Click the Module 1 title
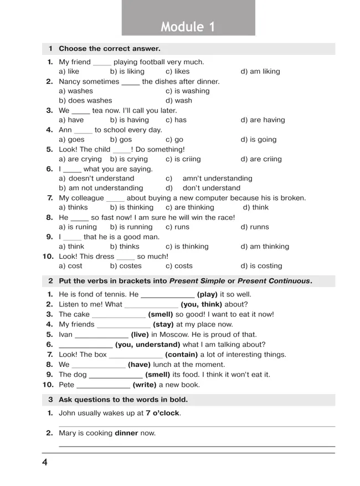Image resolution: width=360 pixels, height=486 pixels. [x=188, y=27]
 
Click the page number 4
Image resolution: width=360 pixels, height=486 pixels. [x=45, y=463]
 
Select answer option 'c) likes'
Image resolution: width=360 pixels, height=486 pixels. [x=177, y=71]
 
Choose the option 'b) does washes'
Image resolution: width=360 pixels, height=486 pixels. [x=85, y=101]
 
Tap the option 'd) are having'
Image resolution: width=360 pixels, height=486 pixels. [x=263, y=120]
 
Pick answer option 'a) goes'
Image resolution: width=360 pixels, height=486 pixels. [x=71, y=140]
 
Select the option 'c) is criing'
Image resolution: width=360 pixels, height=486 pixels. [x=184, y=159]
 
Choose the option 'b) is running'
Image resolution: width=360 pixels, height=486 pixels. [x=131, y=227]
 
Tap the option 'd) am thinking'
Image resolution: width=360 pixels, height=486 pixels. [x=265, y=247]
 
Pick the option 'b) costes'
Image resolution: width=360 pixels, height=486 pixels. [x=126, y=266]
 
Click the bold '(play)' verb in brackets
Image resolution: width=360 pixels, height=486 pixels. [x=207, y=295]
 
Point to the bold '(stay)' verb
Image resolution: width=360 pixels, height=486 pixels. [x=163, y=325]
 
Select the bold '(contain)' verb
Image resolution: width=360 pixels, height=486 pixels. [x=182, y=355]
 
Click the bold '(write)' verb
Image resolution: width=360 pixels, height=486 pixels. [x=144, y=385]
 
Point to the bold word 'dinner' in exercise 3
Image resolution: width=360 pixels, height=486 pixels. [x=126, y=433]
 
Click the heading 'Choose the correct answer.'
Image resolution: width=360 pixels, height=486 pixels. [x=110, y=49]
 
